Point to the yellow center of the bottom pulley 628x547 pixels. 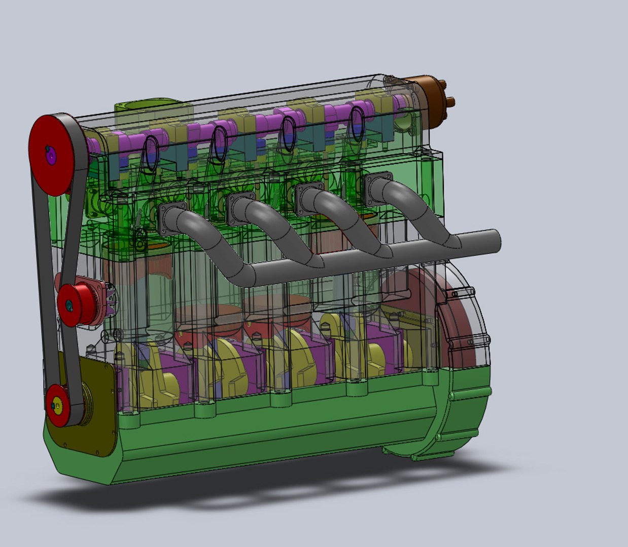[57, 406]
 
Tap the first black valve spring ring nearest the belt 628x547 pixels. [151, 150]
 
